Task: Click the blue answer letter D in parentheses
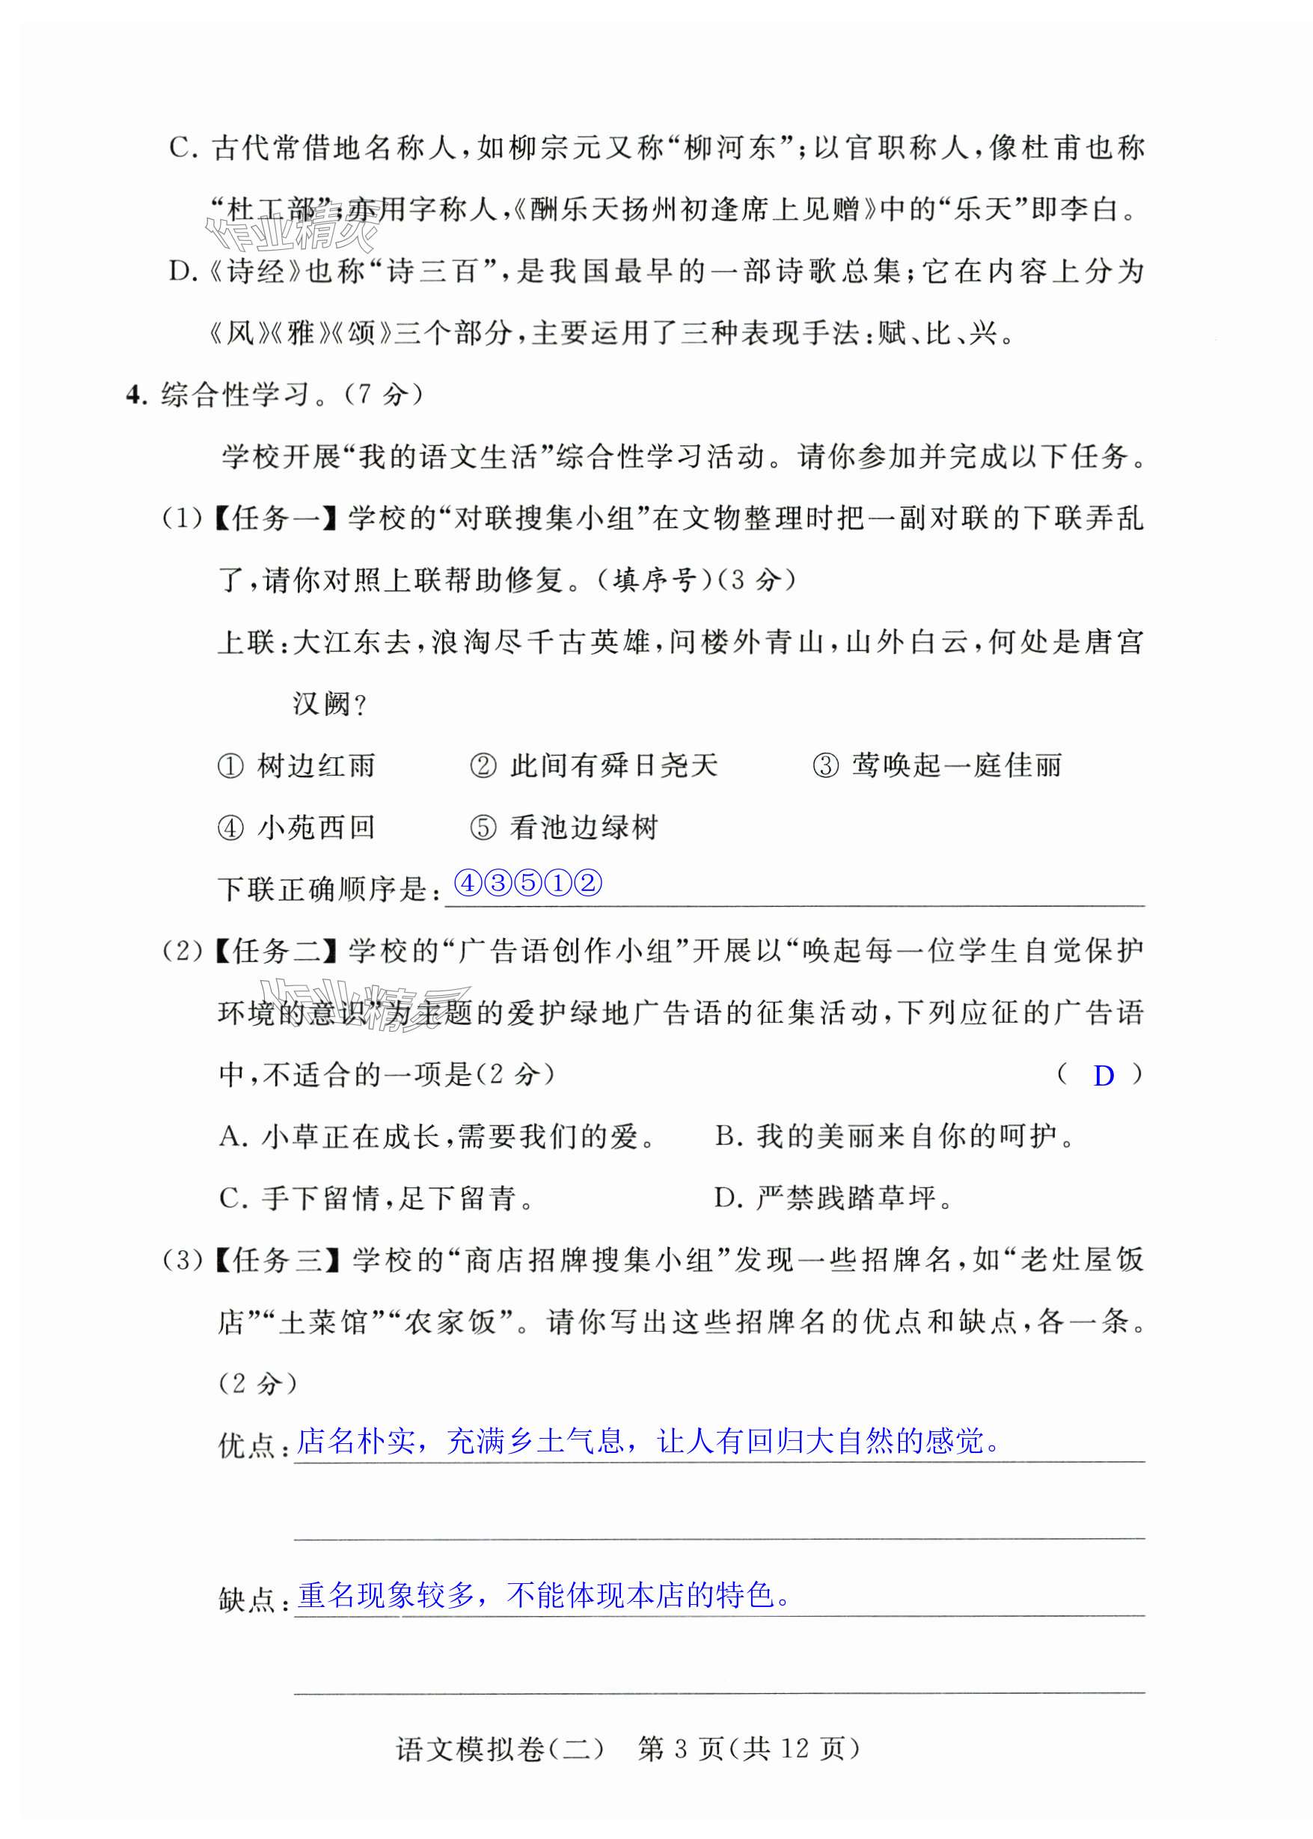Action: [1104, 1075]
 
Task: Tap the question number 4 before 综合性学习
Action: [135, 394]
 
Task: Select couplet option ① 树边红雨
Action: [297, 765]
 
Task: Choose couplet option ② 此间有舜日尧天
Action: [593, 765]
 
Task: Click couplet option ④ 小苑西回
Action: [297, 827]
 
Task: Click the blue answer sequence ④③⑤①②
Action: [529, 883]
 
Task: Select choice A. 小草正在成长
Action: [438, 1136]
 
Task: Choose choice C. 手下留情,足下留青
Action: [377, 1198]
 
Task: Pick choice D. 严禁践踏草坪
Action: [833, 1198]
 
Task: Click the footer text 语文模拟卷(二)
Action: [500, 1749]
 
